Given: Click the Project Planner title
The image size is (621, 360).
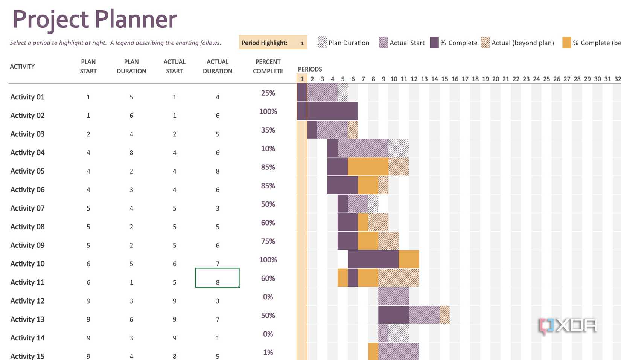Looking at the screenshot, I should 94,19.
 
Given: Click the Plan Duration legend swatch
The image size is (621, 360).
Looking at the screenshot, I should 322,43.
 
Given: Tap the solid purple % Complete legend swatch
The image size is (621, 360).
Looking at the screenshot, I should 434,43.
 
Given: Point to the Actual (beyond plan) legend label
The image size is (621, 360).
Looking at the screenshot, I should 522,43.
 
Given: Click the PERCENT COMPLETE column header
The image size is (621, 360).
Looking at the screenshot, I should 268,66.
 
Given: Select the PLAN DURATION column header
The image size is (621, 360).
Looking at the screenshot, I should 131,66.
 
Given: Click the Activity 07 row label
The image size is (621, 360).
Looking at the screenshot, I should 27,208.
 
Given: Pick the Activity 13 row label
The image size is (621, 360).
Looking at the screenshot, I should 27,319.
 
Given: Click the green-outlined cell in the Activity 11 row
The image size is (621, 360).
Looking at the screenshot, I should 217,278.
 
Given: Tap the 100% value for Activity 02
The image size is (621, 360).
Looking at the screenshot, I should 268,111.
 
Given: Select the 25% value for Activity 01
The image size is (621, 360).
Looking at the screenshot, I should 268,93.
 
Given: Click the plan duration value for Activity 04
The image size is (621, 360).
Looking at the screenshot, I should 131,153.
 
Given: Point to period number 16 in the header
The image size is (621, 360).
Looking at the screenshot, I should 455,79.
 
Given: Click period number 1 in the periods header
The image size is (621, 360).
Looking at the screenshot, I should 302,79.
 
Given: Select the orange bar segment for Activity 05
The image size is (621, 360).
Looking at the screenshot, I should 368,166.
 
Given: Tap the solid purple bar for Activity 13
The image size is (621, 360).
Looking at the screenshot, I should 393,315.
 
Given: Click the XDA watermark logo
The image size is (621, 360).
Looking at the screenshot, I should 568,326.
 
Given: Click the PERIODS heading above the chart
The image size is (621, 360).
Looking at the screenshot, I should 310,69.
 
